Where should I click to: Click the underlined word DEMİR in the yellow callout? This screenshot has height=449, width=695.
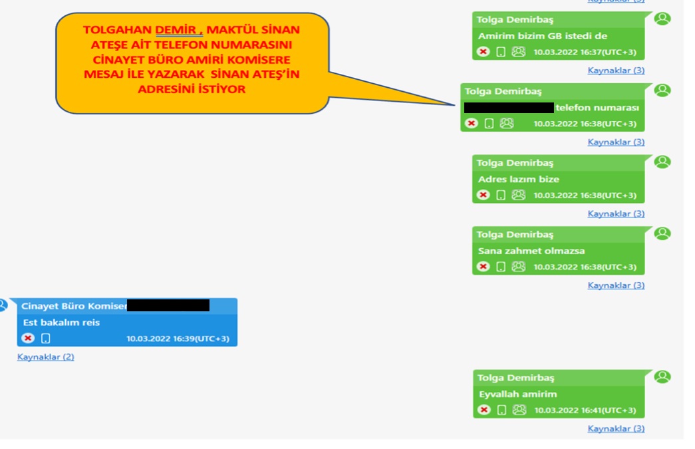tap(178, 30)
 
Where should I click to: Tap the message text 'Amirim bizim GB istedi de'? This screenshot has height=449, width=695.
tap(542, 36)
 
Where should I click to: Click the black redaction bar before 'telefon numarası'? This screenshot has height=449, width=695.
tap(509, 107)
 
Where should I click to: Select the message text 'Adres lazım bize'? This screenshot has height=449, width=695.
tap(519, 179)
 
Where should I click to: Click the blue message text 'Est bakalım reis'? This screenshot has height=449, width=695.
tap(61, 323)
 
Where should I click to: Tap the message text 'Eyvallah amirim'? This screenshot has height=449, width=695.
tap(517, 394)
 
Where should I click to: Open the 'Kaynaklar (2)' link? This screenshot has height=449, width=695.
tap(46, 357)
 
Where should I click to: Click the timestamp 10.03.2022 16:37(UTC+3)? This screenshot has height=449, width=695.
tap(585, 52)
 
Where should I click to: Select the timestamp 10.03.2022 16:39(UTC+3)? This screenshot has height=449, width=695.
tap(178, 339)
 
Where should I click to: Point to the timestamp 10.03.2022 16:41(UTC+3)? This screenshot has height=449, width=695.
tap(585, 410)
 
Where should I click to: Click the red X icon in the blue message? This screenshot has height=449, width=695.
tap(27, 339)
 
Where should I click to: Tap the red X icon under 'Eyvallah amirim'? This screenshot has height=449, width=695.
tap(484, 410)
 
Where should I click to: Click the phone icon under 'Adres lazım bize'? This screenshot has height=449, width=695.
tap(501, 195)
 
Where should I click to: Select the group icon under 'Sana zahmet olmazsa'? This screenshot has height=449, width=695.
tap(519, 267)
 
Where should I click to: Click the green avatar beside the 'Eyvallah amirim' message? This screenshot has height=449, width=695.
tap(662, 377)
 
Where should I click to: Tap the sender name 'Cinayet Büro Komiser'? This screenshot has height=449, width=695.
tap(73, 306)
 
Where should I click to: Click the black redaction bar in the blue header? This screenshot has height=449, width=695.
tap(168, 305)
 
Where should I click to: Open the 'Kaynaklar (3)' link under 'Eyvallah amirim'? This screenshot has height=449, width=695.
tap(616, 429)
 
